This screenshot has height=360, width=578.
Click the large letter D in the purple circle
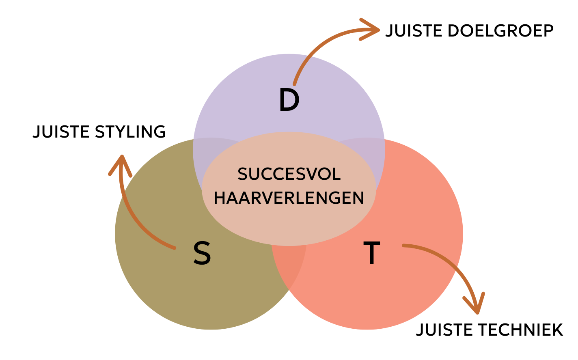(289, 101)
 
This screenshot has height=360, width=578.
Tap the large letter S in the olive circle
(202, 254)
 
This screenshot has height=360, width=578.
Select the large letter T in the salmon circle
(371, 253)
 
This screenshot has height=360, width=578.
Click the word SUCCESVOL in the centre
(289, 175)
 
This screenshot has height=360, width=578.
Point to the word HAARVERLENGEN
(289, 198)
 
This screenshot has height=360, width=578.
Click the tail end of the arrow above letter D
(294, 84)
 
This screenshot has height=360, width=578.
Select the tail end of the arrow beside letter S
(174, 247)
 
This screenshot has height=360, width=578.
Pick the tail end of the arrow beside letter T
(404, 246)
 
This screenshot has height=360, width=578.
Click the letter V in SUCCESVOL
(312, 175)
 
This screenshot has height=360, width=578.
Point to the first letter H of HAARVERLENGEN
(220, 198)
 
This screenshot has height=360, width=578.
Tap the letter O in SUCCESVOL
(324, 175)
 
